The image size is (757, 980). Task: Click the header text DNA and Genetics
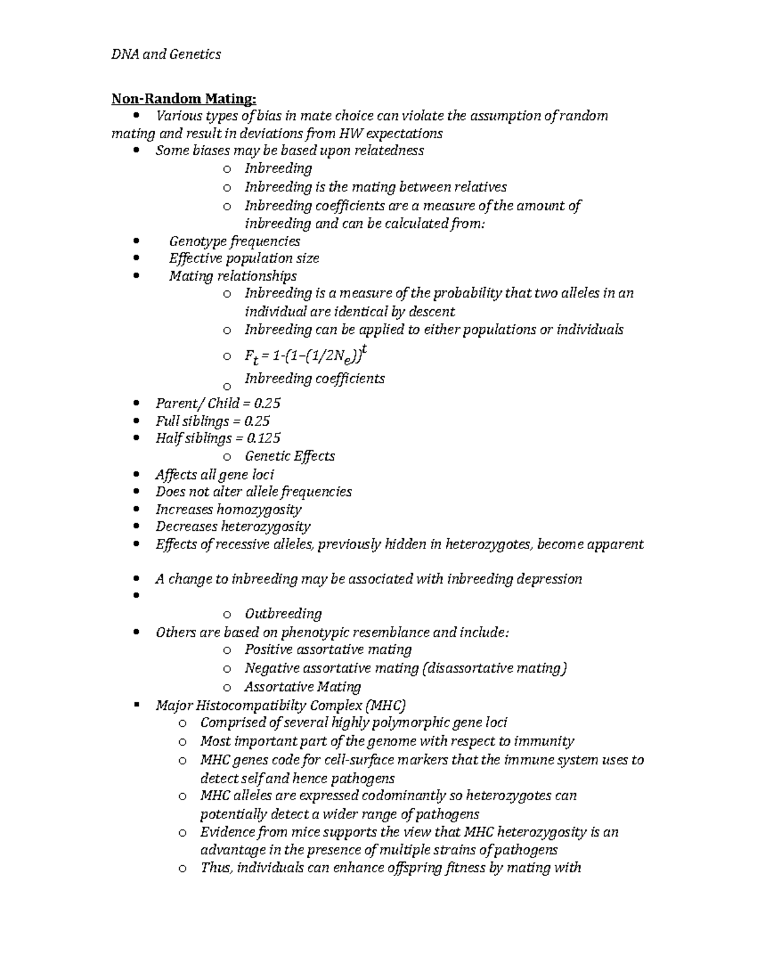pos(166,54)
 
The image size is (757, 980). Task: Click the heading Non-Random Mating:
pos(184,98)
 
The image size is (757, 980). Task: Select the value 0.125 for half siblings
pos(262,438)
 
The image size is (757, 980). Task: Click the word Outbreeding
pos(283,614)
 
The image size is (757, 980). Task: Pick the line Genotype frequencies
pos(234,241)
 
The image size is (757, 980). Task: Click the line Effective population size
pos(244,258)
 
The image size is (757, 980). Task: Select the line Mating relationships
pos(232,276)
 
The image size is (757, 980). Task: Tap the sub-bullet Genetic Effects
pos(290,456)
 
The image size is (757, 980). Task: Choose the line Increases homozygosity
pos(228,509)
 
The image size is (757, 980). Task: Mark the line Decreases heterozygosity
pos(233,526)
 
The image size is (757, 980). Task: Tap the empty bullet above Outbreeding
pos(136,596)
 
